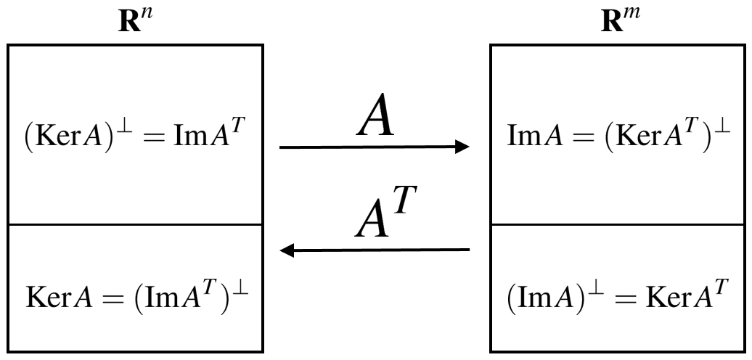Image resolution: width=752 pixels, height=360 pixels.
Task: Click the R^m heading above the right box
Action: (x=616, y=20)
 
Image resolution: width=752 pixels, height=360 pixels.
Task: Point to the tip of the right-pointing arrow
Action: (x=468, y=147)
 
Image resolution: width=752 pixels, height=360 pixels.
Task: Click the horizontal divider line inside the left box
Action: (x=136, y=224)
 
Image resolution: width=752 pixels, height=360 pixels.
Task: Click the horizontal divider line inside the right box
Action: (x=616, y=224)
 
